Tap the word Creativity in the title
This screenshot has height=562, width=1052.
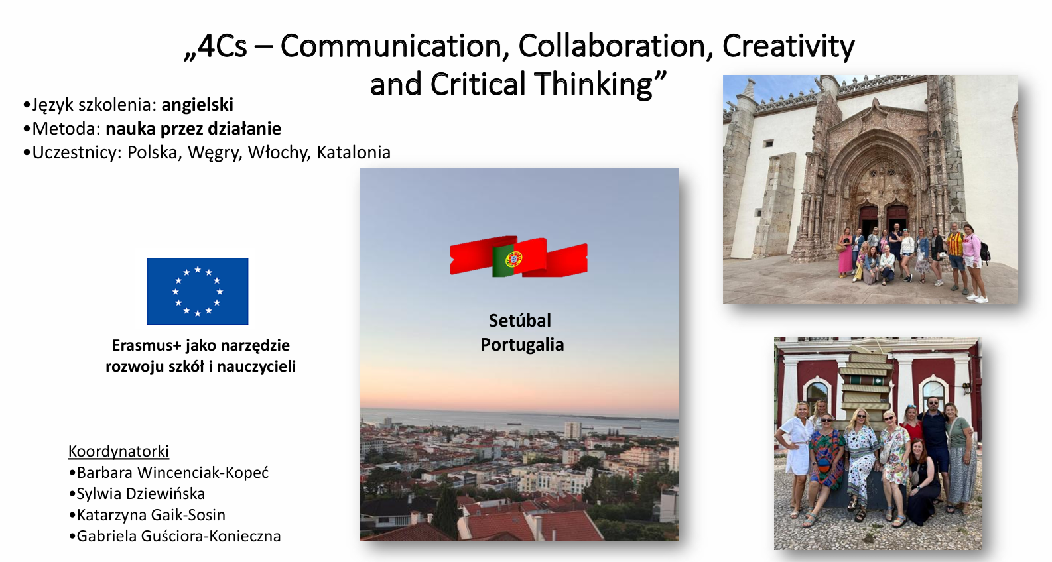[x=789, y=47]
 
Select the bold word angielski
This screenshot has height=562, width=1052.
[x=197, y=105]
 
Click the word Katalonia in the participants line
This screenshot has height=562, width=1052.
[x=354, y=152]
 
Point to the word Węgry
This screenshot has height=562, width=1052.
[x=214, y=153]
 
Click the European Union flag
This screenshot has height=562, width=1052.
[x=198, y=292]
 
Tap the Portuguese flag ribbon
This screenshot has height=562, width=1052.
[x=519, y=256]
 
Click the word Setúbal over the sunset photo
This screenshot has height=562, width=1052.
[x=520, y=320]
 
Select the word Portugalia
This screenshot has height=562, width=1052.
[x=522, y=345]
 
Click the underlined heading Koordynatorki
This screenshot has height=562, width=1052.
[x=118, y=451]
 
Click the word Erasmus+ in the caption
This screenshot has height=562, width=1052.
[x=147, y=345]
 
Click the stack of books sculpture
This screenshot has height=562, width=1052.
[x=865, y=382]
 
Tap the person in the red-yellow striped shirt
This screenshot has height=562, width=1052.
[x=956, y=257]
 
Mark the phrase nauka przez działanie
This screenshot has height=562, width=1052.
[x=194, y=129]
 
